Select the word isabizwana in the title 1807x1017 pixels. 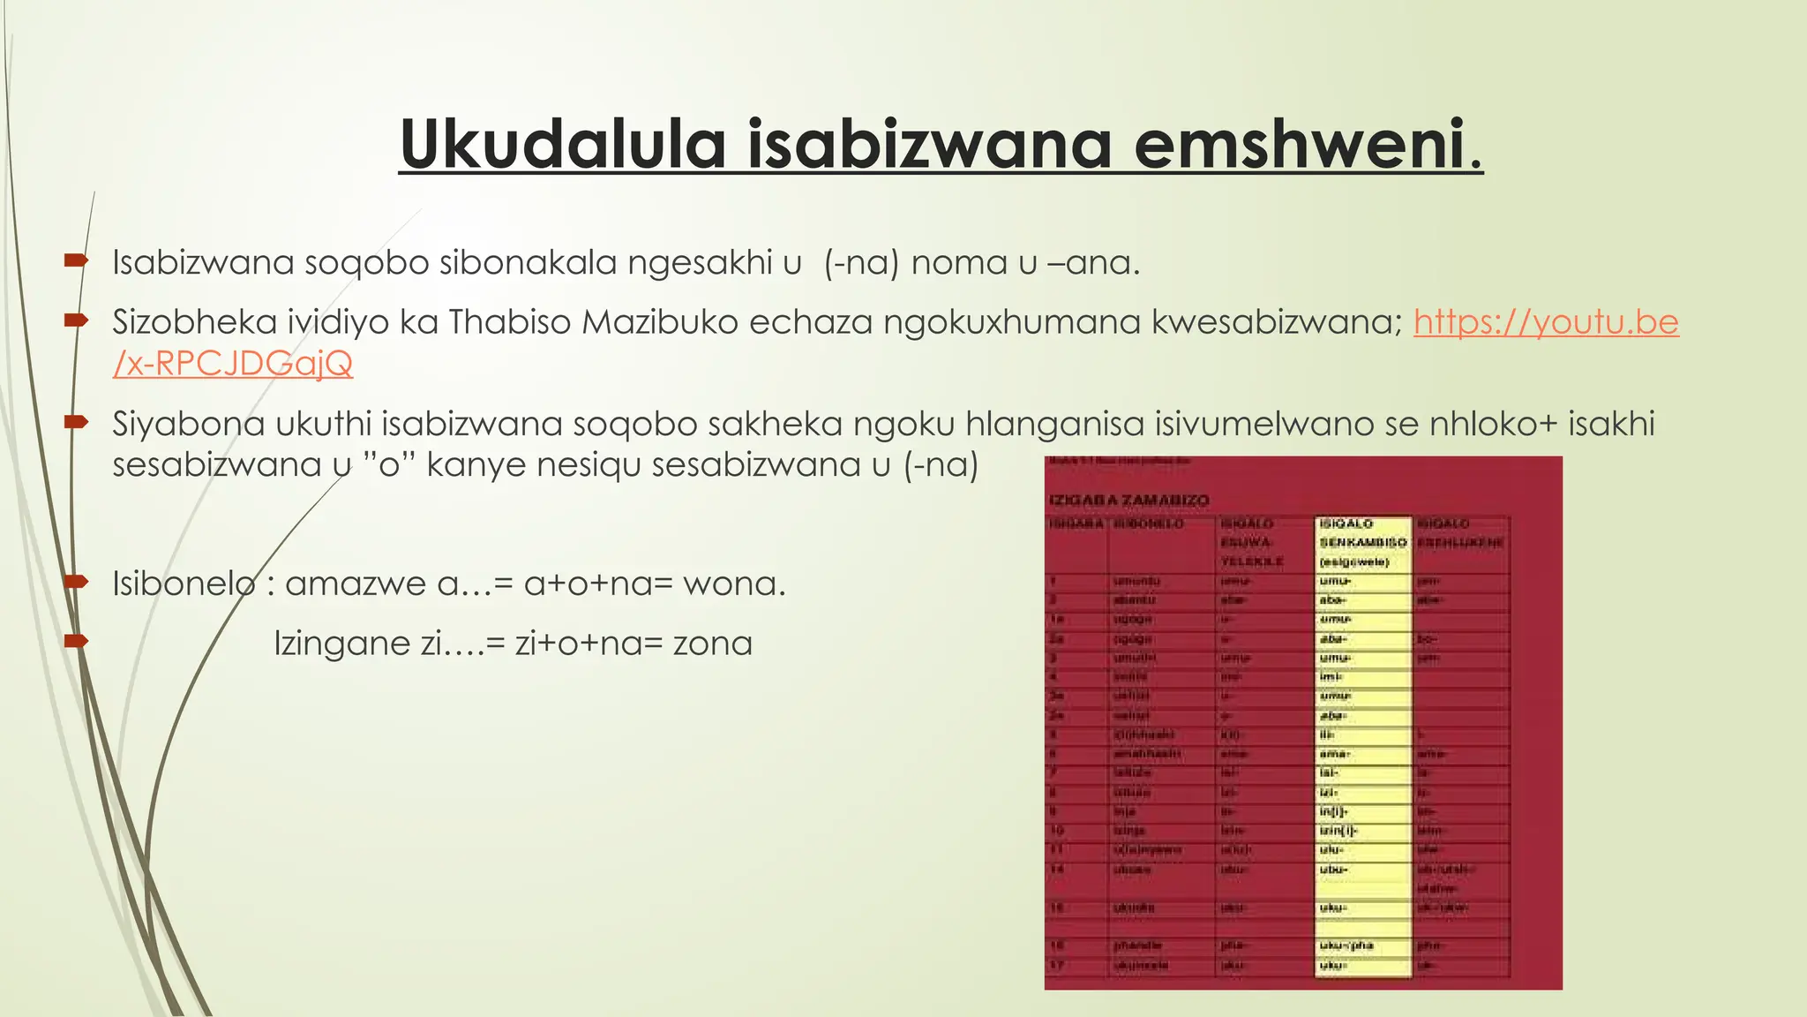click(929, 144)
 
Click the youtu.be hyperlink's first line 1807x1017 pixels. click(1546, 322)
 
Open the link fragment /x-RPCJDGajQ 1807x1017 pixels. click(232, 363)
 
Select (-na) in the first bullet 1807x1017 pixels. click(861, 263)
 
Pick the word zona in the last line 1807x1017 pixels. click(713, 644)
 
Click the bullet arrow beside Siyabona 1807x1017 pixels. click(76, 423)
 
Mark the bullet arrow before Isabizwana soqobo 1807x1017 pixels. click(76, 260)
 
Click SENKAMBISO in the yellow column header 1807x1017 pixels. click(1362, 542)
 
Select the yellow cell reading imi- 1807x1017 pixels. click(1331, 677)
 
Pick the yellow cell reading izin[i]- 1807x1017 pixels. click(1338, 831)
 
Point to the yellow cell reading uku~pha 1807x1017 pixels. click(1346, 945)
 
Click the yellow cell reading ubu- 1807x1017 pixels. click(1333, 870)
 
